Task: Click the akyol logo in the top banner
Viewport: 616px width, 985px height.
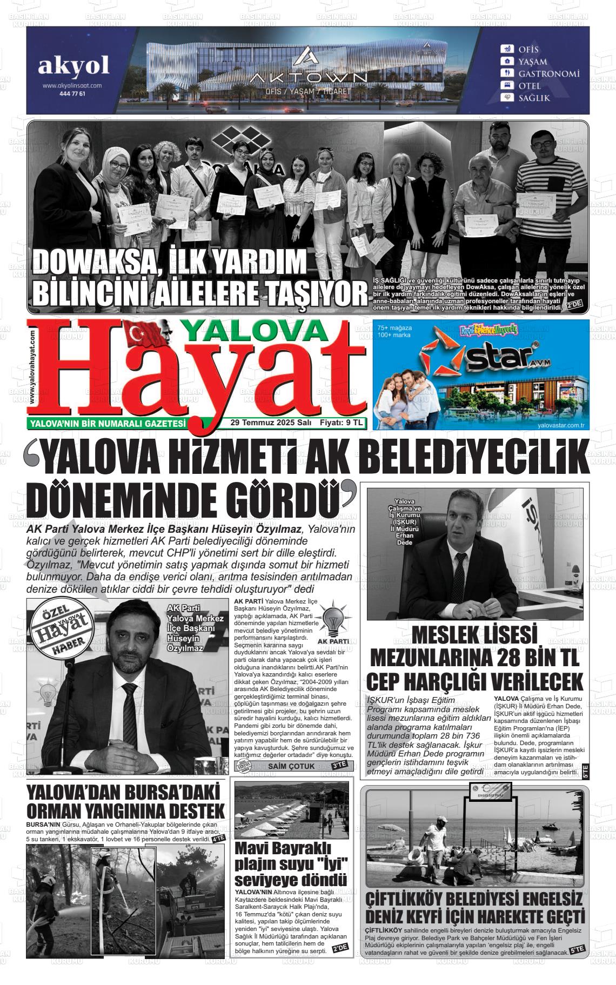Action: [x=73, y=65]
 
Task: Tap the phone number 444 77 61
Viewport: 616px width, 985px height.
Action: [x=72, y=93]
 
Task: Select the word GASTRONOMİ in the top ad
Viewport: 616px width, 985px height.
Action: [x=549, y=73]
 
